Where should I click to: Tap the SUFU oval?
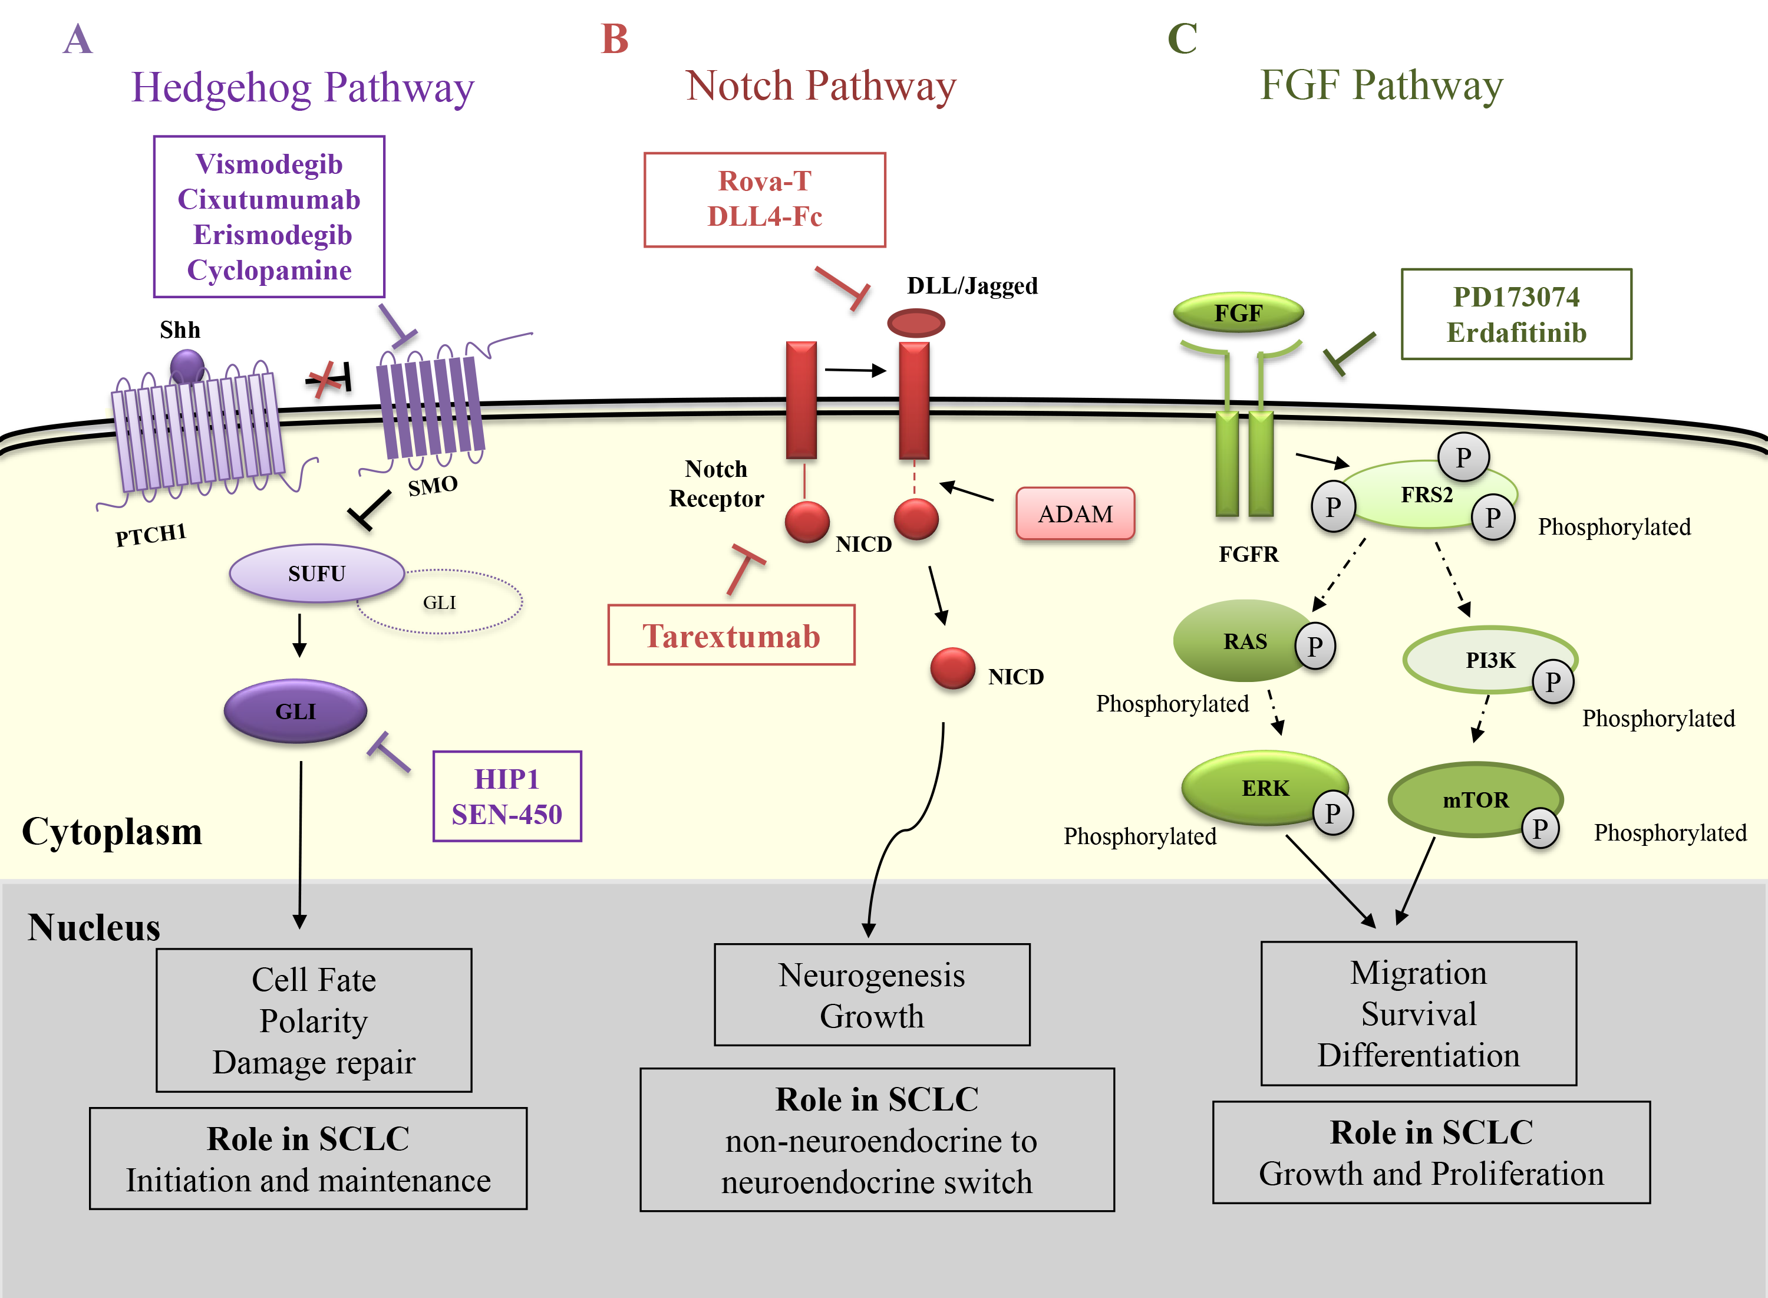point(316,574)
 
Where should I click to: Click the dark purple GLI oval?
point(295,711)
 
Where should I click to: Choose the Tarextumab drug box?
point(731,635)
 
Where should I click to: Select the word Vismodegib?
point(269,164)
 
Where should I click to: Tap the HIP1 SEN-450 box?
point(507,796)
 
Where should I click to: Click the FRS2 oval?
point(1426,495)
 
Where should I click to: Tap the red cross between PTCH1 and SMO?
point(323,380)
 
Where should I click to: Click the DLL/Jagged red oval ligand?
point(915,323)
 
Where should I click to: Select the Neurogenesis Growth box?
point(872,994)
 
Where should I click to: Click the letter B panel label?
point(614,39)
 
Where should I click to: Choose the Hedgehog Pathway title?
point(302,87)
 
